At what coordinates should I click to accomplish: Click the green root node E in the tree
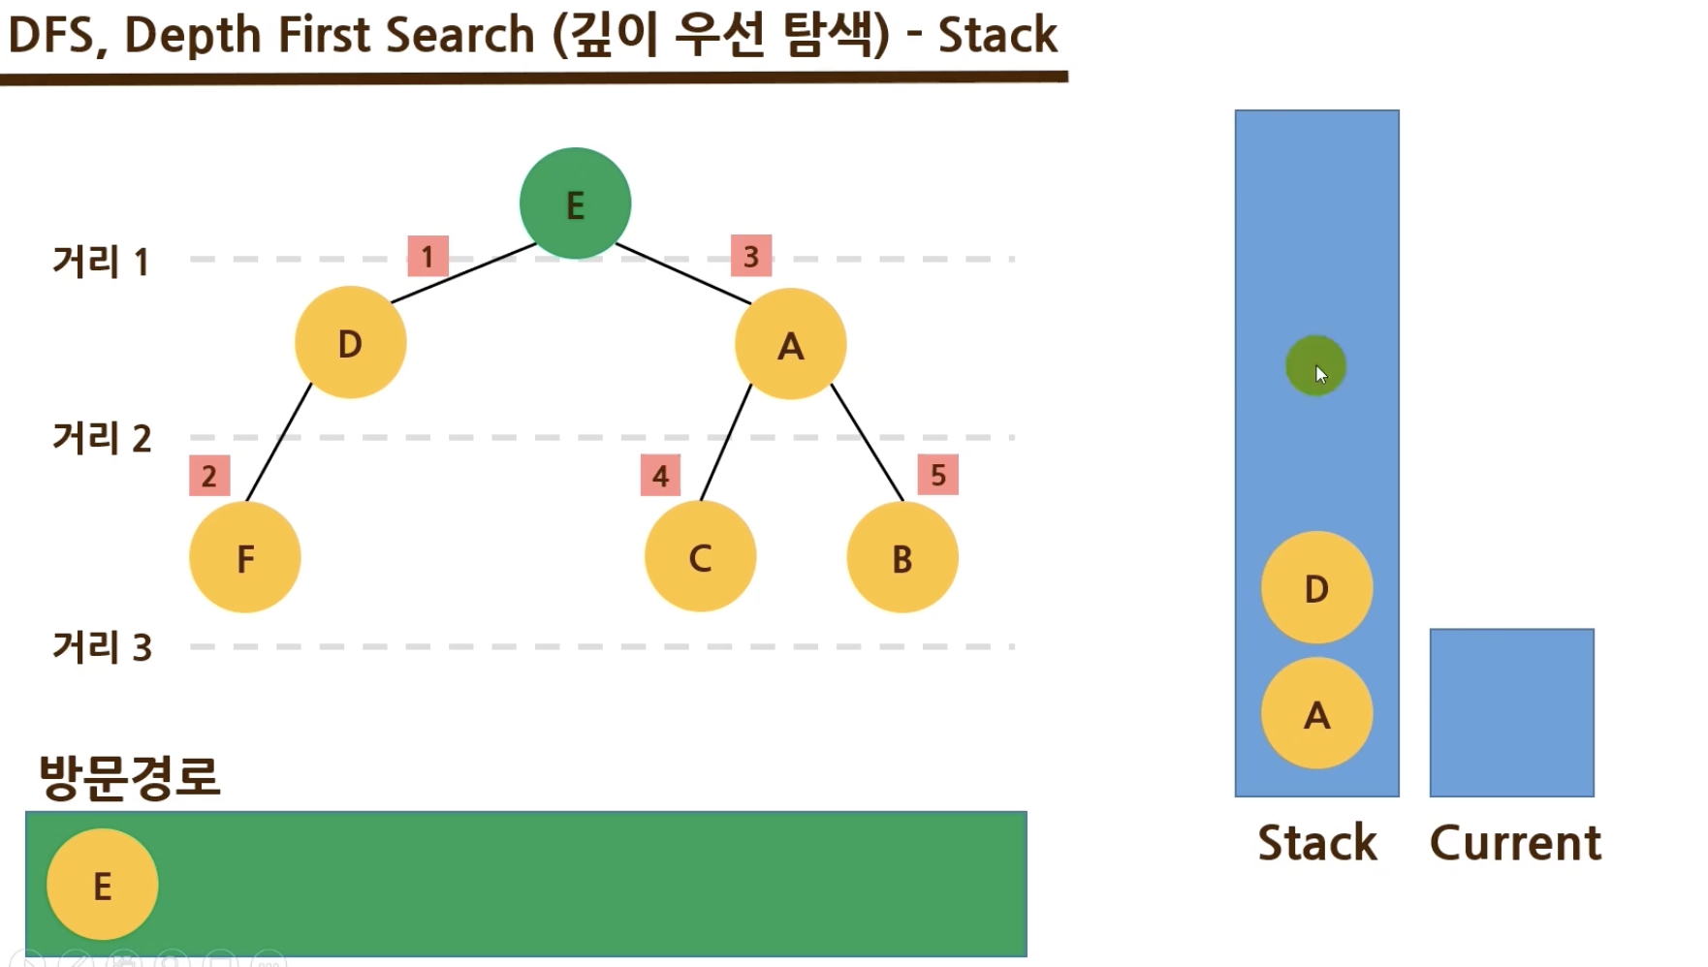pos(575,203)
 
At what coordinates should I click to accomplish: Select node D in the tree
pos(350,342)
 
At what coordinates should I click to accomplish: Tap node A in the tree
pos(790,344)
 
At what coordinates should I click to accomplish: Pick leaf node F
pos(245,557)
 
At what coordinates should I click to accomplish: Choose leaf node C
pos(700,557)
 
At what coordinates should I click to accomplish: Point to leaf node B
pos(902,557)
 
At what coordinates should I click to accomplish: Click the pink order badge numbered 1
pos(427,257)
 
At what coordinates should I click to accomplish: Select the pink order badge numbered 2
pos(209,476)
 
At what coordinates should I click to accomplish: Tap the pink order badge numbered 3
pos(751,256)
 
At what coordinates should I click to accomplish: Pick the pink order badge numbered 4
pos(660,476)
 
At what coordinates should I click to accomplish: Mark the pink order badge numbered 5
pos(937,475)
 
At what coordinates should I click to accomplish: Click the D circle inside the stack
pos(1316,587)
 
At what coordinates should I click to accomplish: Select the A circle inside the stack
pos(1316,713)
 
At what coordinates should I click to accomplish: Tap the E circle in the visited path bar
pos(102,885)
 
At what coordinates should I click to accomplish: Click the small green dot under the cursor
pos(1315,365)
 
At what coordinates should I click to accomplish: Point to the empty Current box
pos(1511,712)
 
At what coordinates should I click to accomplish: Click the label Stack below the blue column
pos(1316,842)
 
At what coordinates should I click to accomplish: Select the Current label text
pos(1515,842)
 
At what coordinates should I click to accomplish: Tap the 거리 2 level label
pos(102,438)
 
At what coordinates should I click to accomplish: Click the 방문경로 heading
pos(130,776)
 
